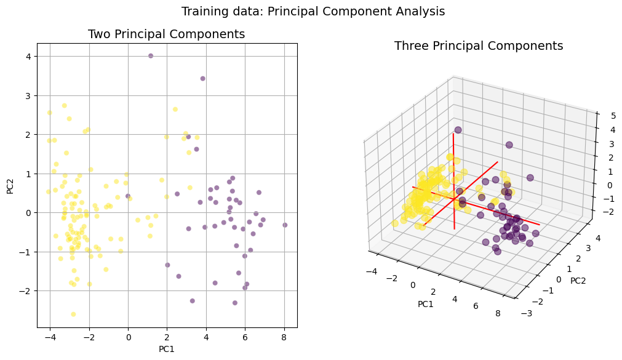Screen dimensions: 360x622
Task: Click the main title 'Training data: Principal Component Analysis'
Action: pos(313,11)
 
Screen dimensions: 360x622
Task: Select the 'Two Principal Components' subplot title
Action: pos(166,34)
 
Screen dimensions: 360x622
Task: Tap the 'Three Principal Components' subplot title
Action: pos(478,46)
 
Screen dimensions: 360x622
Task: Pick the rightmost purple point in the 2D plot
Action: pos(285,225)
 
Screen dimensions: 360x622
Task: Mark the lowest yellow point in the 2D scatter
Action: pos(73,314)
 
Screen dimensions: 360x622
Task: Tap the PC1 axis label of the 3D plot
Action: pos(425,304)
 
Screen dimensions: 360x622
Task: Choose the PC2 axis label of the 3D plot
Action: pos(578,281)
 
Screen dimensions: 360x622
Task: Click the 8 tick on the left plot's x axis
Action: pos(284,337)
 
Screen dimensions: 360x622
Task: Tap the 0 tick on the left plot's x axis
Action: pos(128,337)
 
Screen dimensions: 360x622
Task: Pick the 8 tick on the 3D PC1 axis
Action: pos(497,314)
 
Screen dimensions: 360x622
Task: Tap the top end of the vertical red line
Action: pos(454,134)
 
